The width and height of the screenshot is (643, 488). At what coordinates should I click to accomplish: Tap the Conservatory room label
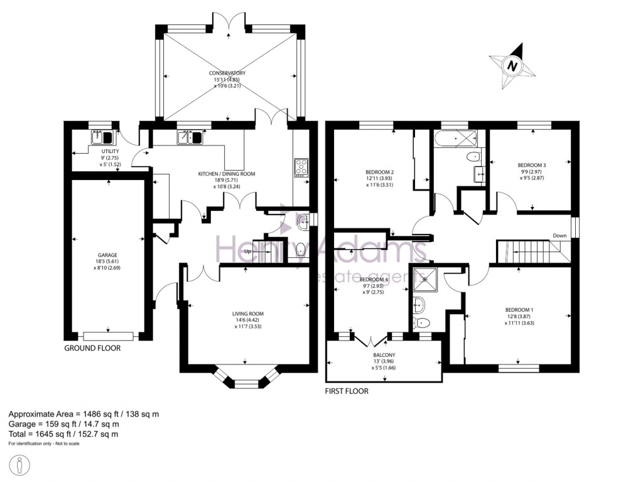[x=227, y=80]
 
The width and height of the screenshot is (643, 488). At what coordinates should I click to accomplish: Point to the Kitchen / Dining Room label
[x=226, y=179]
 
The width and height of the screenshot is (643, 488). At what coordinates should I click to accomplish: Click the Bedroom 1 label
[x=519, y=317]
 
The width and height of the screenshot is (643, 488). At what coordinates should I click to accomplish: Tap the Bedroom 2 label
[x=379, y=178]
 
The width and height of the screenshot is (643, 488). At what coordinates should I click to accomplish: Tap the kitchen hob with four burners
[x=301, y=167]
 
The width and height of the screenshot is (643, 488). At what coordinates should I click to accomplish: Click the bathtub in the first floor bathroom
[x=455, y=137]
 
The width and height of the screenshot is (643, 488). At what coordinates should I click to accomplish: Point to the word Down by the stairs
[x=560, y=236]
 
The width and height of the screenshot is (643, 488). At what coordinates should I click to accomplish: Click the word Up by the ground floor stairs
[x=247, y=252]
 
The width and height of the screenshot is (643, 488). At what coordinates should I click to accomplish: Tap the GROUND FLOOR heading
[x=92, y=348]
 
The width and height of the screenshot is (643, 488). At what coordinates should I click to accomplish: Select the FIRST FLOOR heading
[x=347, y=391]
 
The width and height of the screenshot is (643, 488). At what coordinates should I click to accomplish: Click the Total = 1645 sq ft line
[x=63, y=434]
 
